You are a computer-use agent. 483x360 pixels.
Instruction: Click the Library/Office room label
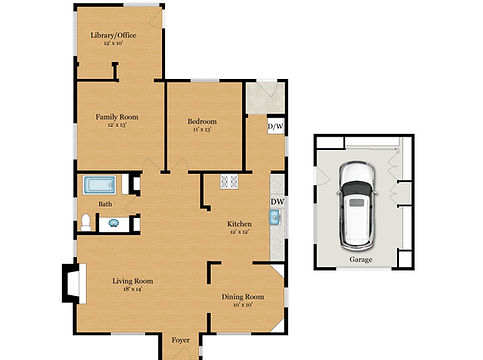pos(113,36)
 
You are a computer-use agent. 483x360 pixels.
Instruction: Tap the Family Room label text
pos(116,117)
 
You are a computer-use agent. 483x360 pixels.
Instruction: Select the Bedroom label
pos(203,121)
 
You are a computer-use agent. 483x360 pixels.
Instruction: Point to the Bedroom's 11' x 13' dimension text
pos(203,130)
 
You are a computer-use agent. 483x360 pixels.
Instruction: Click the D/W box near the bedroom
pos(274,127)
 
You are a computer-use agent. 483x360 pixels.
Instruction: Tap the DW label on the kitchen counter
pos(277,202)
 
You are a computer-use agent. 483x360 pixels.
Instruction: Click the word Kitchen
pos(238,224)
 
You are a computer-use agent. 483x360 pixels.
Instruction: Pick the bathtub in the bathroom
pos(100,185)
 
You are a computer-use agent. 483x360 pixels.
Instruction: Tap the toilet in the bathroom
pos(87,221)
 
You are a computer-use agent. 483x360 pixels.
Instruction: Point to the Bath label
pos(105,204)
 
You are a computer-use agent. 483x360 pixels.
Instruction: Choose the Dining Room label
pos(242,297)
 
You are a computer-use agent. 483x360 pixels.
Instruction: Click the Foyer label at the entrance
pos(181,341)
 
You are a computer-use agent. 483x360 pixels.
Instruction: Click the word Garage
pos(360,258)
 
